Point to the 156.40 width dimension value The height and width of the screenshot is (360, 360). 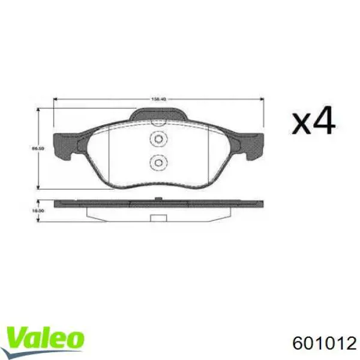159,100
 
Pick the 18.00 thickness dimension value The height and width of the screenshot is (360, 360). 35,211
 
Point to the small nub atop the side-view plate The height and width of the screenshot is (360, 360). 158,199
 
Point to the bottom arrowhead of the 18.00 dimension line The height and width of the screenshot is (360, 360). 40,220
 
